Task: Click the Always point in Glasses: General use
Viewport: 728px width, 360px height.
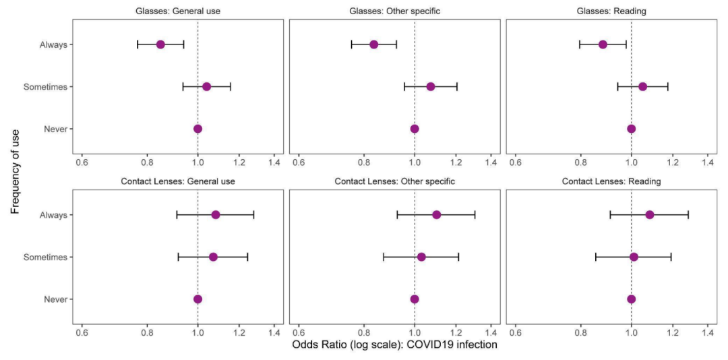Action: tap(160, 44)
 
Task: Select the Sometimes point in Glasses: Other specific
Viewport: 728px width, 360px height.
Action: tap(431, 86)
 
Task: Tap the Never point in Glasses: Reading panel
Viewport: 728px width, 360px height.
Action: tap(631, 129)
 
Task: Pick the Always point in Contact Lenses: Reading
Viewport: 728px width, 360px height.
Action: tap(650, 215)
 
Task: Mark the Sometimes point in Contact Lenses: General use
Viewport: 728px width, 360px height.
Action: tap(213, 257)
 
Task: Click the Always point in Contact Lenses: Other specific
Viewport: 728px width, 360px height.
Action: tap(437, 215)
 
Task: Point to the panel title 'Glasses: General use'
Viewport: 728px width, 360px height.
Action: tap(178, 11)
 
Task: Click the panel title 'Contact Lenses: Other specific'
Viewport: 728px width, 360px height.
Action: tap(395, 181)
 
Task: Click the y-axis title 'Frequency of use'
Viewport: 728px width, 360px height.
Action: tap(16, 171)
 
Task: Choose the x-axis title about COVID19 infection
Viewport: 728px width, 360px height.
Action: tap(395, 345)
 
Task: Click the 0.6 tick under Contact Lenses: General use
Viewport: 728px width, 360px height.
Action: tap(82, 332)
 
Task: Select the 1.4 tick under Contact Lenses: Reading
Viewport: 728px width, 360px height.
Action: tap(708, 332)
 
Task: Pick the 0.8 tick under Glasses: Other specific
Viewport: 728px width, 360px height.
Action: tap(364, 162)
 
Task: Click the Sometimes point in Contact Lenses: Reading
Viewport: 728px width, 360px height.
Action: tap(634, 257)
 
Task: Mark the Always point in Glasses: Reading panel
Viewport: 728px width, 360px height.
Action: tap(603, 44)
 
